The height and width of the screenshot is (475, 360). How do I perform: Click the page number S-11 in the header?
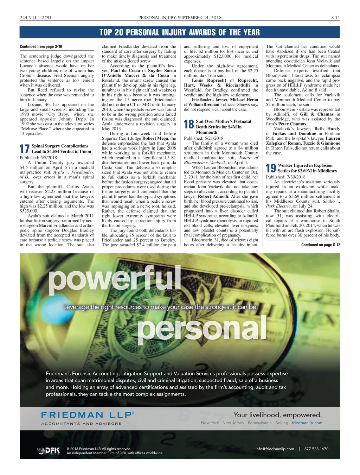(335, 18)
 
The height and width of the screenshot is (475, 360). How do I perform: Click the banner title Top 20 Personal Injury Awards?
(180, 32)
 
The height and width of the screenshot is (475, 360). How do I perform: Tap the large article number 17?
(25, 149)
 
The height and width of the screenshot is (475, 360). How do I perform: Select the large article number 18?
(189, 124)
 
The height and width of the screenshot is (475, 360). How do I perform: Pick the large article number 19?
(271, 168)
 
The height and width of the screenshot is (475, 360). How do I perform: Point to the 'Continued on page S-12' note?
(321, 245)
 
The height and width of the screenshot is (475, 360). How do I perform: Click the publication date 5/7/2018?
(49, 158)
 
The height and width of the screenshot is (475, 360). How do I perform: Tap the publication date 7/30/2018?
(296, 177)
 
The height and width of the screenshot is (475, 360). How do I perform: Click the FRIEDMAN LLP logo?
(88, 415)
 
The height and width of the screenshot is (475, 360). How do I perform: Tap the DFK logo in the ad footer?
(49, 451)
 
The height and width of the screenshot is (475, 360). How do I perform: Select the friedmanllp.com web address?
(307, 423)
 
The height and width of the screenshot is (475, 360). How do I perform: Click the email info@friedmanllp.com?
(275, 449)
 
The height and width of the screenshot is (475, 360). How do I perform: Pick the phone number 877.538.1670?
(316, 449)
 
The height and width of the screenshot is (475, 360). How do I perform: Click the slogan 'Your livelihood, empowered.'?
(278, 415)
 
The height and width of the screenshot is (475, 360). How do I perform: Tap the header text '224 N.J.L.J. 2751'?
(36, 18)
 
